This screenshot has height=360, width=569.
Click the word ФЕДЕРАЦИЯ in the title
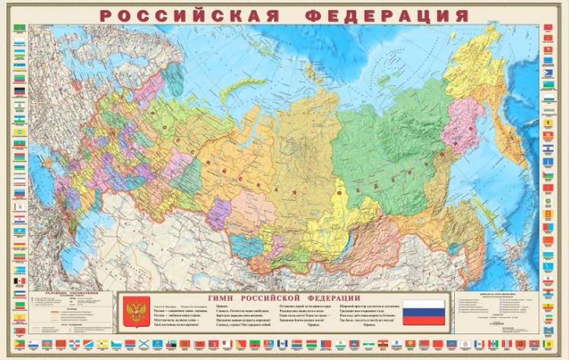388,15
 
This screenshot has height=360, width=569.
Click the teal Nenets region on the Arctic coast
176,76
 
